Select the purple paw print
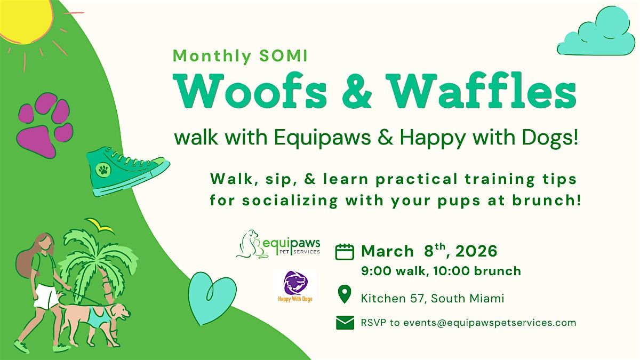(x=45, y=125)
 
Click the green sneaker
(x=126, y=171)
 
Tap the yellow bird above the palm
(x=100, y=225)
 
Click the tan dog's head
(x=120, y=312)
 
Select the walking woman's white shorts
(x=46, y=297)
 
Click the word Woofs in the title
(x=251, y=91)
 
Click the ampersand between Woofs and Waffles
(x=357, y=91)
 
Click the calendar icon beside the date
(x=345, y=252)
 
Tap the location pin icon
(x=345, y=294)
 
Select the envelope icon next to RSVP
(x=345, y=323)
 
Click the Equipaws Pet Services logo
(x=278, y=245)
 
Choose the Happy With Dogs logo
(x=295, y=286)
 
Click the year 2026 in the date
(x=476, y=251)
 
